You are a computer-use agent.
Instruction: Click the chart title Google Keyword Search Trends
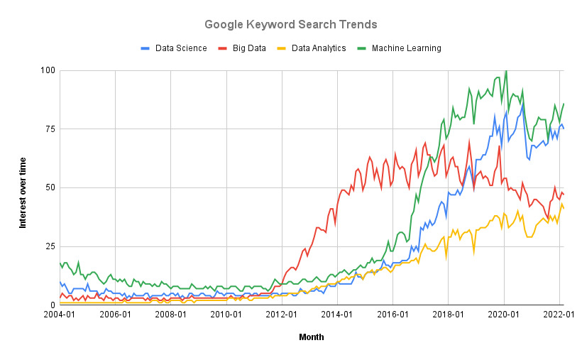[x=290, y=25]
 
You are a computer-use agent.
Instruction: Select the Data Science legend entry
[x=174, y=48]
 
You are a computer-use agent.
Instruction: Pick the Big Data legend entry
[x=241, y=48]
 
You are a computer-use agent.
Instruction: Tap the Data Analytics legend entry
[x=311, y=48]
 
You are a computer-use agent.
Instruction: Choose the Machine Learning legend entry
[x=399, y=48]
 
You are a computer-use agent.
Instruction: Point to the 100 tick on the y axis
[x=48, y=70]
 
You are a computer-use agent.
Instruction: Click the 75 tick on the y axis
[x=50, y=129]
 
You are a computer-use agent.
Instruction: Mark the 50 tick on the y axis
[x=50, y=187]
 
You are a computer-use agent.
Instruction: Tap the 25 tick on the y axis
[x=50, y=246]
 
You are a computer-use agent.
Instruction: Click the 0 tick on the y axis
[x=53, y=305]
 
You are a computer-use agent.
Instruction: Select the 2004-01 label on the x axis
[x=60, y=315]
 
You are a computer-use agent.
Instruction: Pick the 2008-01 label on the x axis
[x=171, y=315]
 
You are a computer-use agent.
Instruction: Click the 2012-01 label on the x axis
[x=282, y=315]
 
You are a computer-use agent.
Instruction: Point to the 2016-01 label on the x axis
[x=392, y=315]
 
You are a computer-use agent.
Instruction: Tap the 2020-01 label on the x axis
[x=504, y=315]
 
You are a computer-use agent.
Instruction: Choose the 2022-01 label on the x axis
[x=559, y=315]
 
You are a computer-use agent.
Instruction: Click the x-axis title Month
[x=312, y=337]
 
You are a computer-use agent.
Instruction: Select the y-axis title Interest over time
[x=23, y=193]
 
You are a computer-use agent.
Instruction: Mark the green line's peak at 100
[x=506, y=70]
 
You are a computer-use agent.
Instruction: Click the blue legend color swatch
[x=145, y=48]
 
